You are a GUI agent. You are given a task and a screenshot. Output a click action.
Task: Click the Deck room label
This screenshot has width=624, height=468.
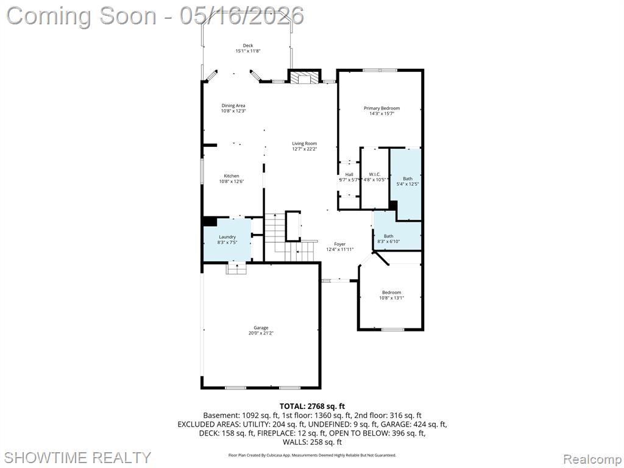(248, 45)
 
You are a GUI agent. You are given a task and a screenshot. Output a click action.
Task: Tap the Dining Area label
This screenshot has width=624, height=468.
(233, 105)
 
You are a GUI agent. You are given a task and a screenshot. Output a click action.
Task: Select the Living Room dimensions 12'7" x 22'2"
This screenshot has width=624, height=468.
(305, 149)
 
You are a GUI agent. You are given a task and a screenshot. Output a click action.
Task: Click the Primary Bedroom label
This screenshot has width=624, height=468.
(381, 108)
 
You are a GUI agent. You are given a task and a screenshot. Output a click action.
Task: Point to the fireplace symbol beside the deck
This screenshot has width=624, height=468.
(305, 77)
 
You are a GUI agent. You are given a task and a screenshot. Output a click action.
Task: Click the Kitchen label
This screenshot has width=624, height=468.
(231, 176)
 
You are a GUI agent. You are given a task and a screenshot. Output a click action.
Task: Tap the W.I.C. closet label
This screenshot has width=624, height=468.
(375, 174)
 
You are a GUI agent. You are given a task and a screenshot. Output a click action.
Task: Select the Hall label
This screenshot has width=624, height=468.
(349, 174)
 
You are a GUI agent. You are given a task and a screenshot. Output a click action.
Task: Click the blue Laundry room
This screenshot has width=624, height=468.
(227, 239)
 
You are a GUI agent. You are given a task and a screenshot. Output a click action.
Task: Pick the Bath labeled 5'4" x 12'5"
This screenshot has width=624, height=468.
(408, 182)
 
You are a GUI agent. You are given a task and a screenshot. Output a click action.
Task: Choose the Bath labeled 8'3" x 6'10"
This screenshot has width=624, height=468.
(388, 239)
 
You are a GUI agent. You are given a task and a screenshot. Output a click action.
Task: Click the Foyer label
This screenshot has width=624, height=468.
(339, 244)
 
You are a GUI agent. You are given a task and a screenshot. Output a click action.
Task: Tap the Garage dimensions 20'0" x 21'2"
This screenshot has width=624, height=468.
(261, 333)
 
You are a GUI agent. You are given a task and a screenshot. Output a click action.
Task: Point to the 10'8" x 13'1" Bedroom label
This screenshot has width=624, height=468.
(392, 295)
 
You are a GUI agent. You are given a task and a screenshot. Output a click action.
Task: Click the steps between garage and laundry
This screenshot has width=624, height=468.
(237, 268)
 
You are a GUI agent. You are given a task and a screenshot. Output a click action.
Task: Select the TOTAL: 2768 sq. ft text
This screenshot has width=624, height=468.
(312, 406)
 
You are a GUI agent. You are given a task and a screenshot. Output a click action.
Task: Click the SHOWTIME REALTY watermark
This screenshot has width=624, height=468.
(78, 457)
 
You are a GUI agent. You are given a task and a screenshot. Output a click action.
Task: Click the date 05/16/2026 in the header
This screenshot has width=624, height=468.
(241, 16)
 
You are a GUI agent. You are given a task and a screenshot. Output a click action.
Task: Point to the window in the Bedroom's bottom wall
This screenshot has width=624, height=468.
(393, 329)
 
